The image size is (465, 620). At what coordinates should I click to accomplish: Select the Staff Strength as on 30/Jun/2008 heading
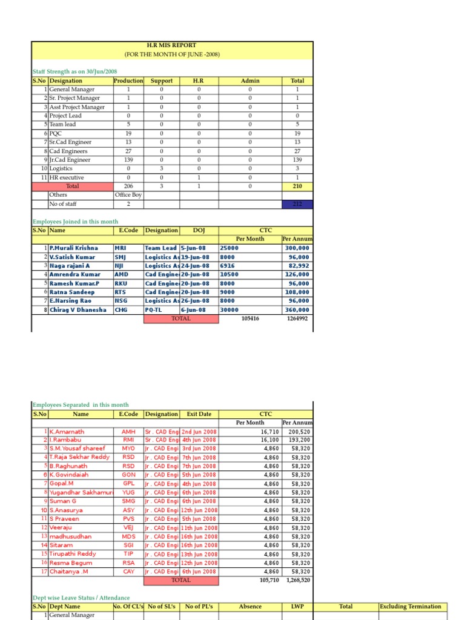(74, 71)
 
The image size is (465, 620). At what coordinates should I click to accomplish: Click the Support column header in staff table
(162, 81)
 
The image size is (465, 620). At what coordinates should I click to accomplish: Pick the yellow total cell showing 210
(297, 186)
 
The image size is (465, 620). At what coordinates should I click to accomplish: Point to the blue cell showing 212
(297, 204)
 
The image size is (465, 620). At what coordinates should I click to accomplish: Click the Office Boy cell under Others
(128, 195)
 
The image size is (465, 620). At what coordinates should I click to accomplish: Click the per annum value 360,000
(297, 309)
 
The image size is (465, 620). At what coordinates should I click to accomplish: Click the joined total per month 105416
(250, 318)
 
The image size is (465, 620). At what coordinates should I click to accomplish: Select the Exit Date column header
(199, 414)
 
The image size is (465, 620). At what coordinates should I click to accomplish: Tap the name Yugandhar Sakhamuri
(78, 493)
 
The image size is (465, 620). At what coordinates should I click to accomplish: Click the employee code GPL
(128, 484)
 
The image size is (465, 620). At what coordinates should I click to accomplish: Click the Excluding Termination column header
(411, 607)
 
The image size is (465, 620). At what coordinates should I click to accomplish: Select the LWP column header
(297, 607)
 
